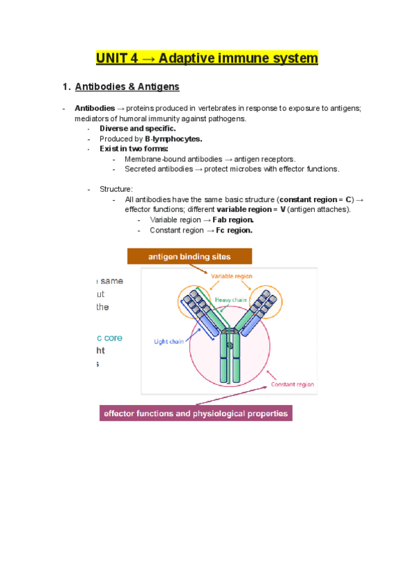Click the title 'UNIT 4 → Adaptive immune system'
point(207,58)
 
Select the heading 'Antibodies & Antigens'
point(127,87)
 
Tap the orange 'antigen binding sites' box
point(190,256)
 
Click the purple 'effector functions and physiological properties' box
point(196,414)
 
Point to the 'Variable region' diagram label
point(232,276)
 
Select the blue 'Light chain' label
point(169,341)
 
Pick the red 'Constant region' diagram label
point(292,384)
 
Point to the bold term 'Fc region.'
point(231,231)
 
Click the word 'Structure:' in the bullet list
point(116,189)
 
